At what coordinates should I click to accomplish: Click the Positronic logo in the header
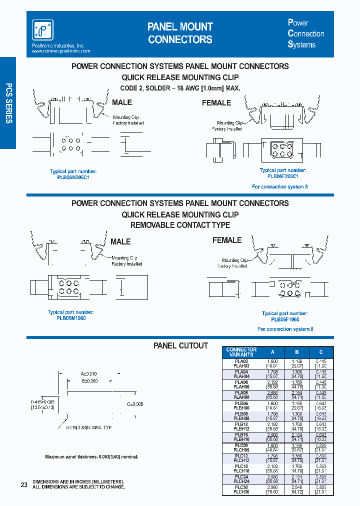coord(42,30)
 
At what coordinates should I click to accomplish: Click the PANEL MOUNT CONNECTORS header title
coord(180,33)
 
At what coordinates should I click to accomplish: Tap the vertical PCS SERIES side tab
coord(8,103)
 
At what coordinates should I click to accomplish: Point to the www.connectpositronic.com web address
coord(61,51)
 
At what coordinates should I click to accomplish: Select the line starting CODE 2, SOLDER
coord(180,88)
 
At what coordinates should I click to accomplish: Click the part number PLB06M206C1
coord(73,177)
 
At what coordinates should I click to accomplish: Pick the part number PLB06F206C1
coord(283,176)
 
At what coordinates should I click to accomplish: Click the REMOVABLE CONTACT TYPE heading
coord(180,225)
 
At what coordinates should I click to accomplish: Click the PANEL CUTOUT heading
coord(180,345)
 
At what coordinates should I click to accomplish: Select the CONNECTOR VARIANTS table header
coord(241,352)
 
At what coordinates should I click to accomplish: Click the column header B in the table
coord(297,352)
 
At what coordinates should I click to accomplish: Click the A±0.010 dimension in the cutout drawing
coord(89,373)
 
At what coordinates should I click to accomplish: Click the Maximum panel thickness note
coord(91,457)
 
